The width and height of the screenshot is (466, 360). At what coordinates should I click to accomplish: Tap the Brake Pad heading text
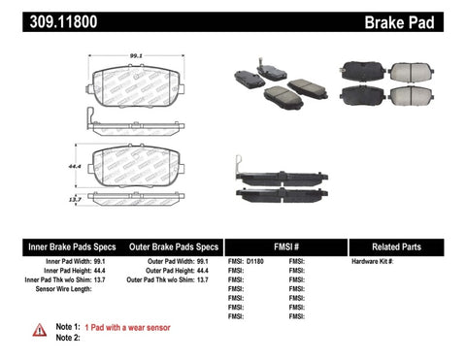pyautogui.click(x=421, y=16)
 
